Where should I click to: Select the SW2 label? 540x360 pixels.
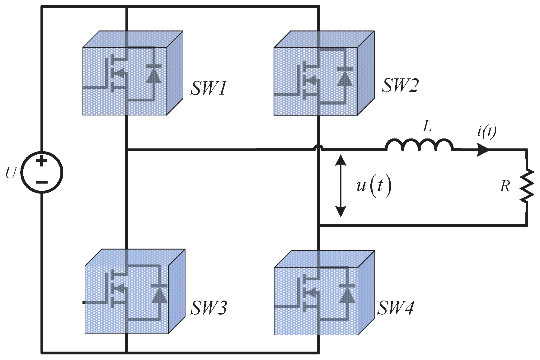(400, 85)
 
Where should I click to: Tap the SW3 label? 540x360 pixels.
(209, 307)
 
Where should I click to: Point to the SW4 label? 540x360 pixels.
(396, 308)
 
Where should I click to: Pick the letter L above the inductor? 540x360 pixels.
(427, 127)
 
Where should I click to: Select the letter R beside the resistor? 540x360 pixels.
(505, 186)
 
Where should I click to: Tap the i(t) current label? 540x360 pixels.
(487, 132)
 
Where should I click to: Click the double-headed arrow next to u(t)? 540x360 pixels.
(341, 186)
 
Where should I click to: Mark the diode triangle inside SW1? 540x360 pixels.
(154, 76)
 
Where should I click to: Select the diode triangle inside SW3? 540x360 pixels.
(159, 295)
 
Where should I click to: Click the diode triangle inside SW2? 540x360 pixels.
(345, 79)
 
